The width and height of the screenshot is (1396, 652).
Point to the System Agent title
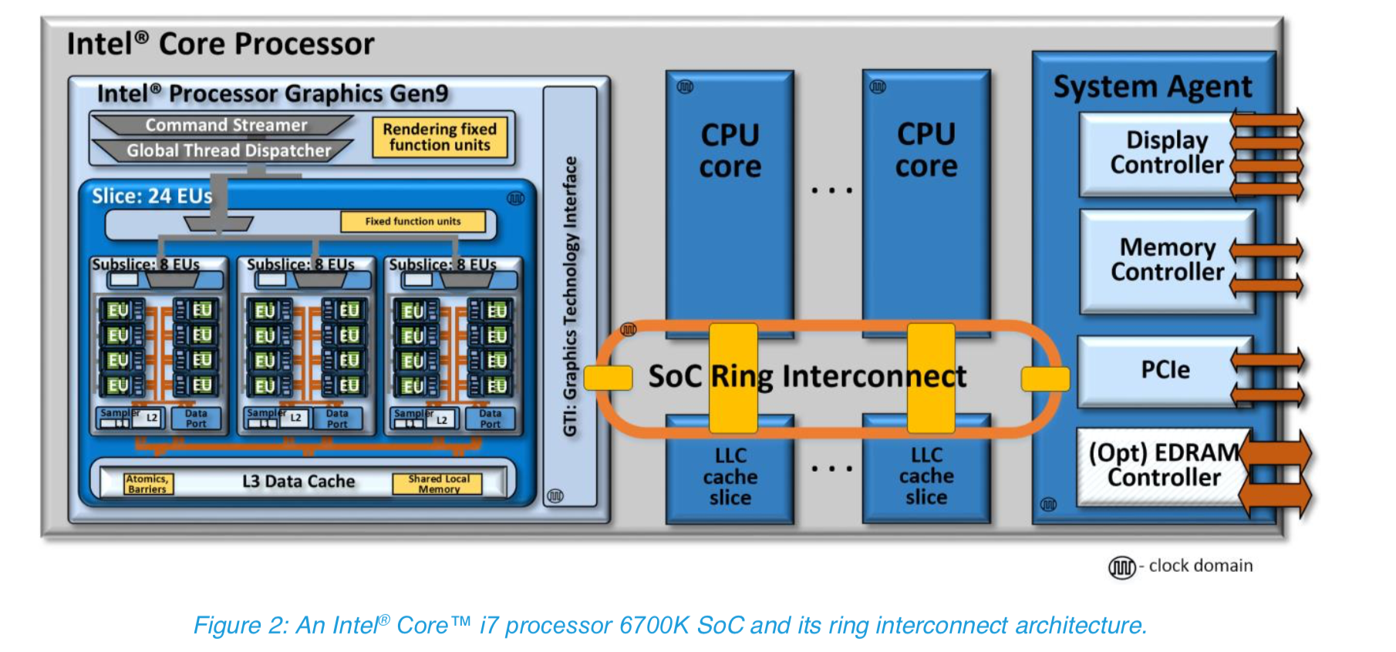pyautogui.click(x=1152, y=86)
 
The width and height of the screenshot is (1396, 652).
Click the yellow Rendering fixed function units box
pyautogui.click(x=440, y=137)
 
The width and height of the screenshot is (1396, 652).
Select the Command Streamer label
pyautogui.click(x=226, y=125)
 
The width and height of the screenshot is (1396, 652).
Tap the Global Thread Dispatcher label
pyautogui.click(x=228, y=150)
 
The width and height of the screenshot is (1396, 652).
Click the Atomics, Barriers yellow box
pyautogui.click(x=147, y=484)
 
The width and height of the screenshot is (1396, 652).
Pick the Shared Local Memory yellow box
pyautogui.click(x=438, y=484)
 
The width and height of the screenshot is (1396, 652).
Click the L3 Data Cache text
pyautogui.click(x=298, y=482)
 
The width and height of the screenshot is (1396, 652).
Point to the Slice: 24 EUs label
pyautogui.click(x=152, y=196)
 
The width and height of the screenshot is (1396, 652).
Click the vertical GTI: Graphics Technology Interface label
pyautogui.click(x=570, y=297)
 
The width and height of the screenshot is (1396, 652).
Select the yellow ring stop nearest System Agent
pyautogui.click(x=1045, y=378)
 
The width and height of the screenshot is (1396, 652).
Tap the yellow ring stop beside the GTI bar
pyautogui.click(x=608, y=378)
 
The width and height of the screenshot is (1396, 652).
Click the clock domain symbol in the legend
pyautogui.click(x=1121, y=567)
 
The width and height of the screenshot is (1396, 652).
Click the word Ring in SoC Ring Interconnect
pyautogui.click(x=741, y=376)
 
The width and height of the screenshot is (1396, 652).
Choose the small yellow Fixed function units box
pyautogui.click(x=413, y=221)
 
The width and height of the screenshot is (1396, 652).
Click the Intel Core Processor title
pyautogui.click(x=221, y=44)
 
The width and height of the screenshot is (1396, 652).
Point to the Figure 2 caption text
pyautogui.click(x=669, y=625)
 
